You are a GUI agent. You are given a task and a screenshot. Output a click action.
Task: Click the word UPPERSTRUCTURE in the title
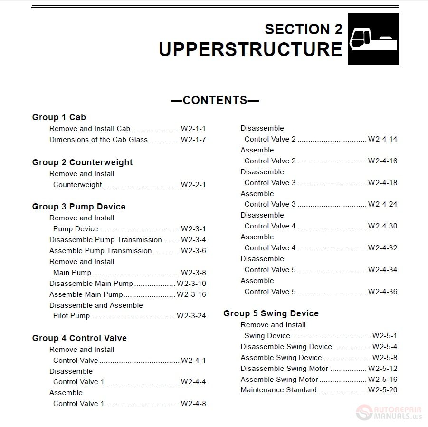click(250, 49)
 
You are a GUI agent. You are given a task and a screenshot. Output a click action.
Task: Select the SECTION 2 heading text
click(303, 29)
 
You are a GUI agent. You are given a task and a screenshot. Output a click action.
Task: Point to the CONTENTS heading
click(215, 100)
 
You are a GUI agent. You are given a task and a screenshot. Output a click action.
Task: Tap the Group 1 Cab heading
click(59, 117)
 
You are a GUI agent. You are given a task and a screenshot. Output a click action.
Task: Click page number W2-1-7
click(193, 140)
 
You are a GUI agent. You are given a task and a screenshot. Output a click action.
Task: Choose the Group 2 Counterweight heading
click(82, 162)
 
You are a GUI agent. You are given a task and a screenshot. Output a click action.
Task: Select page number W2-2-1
click(193, 185)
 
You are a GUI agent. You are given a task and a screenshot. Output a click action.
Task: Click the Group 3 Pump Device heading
click(79, 207)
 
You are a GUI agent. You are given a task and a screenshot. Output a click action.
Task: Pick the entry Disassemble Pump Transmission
click(105, 240)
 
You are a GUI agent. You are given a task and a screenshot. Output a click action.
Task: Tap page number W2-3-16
click(191, 294)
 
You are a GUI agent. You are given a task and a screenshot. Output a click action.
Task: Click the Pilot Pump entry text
click(71, 316)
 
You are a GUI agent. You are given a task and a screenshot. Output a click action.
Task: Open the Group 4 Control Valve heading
click(79, 338)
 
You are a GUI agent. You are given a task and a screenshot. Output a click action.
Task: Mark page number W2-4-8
click(193, 404)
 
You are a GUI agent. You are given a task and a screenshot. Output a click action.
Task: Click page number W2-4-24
click(382, 204)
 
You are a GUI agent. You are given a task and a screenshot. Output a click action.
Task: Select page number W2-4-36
click(382, 292)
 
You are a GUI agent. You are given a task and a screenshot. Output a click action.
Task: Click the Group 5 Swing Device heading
click(271, 313)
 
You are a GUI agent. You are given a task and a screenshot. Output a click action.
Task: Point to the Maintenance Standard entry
click(278, 390)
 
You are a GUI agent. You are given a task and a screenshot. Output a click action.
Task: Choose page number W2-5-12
click(382, 369)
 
